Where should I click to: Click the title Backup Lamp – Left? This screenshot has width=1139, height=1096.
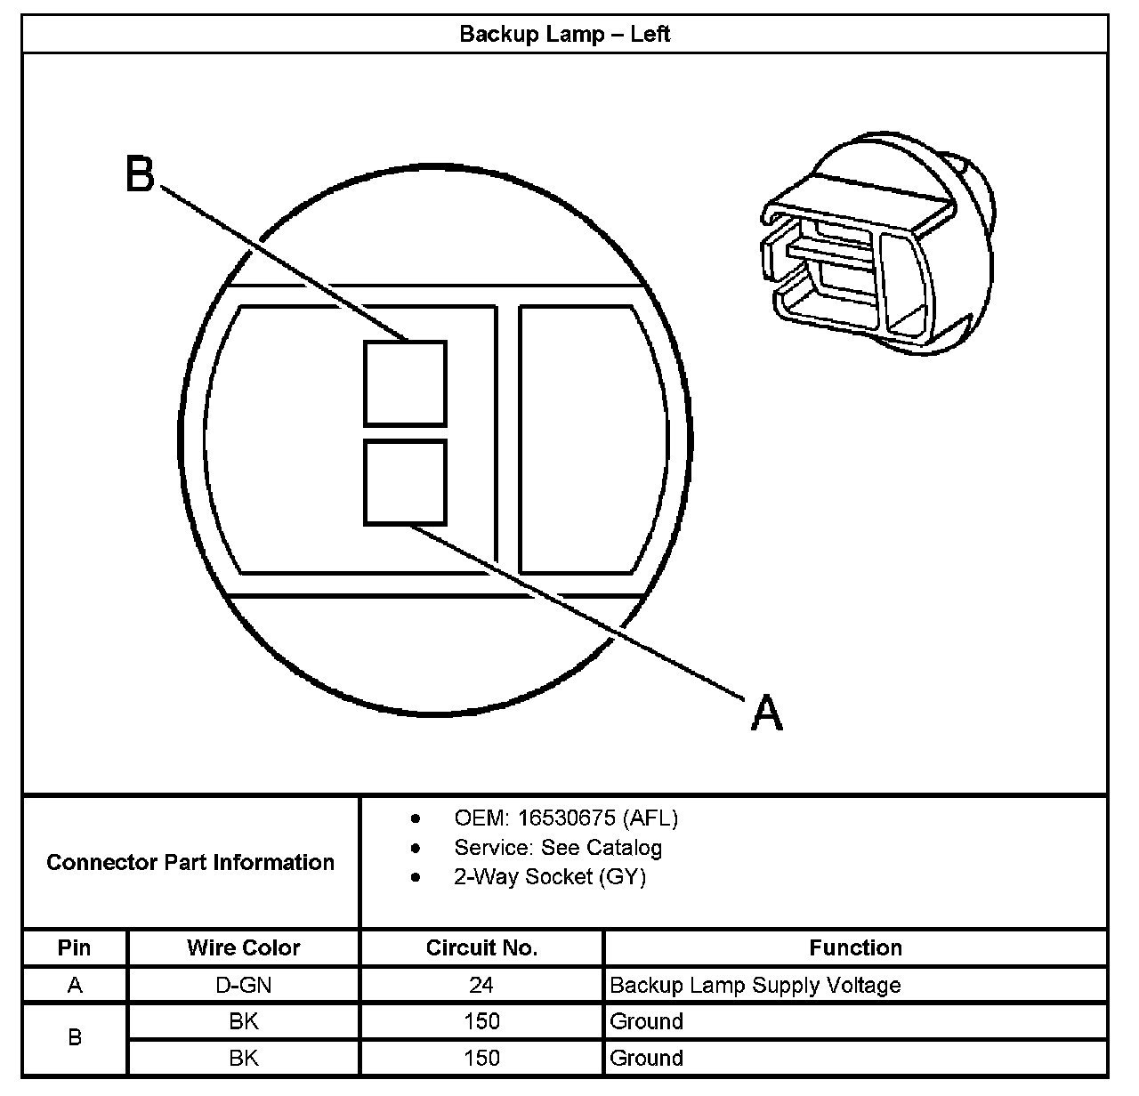[x=564, y=35]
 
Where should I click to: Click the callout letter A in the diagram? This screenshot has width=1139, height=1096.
[x=766, y=713]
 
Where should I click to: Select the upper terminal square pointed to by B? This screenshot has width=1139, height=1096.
[x=405, y=383]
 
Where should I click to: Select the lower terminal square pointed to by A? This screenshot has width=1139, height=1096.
[x=405, y=482]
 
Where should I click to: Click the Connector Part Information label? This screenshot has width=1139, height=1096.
[x=190, y=862]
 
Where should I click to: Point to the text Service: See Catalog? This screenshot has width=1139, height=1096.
[x=558, y=847]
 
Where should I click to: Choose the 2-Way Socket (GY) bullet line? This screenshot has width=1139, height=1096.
[x=549, y=877]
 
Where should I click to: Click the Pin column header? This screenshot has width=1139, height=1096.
[x=75, y=947]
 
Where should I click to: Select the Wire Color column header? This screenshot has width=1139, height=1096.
[x=243, y=947]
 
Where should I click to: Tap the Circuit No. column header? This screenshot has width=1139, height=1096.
[x=481, y=947]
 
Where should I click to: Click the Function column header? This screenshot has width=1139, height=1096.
[x=855, y=947]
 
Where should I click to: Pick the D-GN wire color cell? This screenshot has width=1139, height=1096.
[x=243, y=985]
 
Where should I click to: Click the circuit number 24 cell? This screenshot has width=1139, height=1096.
[x=481, y=985]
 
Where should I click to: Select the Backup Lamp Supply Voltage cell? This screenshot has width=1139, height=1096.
[x=755, y=985]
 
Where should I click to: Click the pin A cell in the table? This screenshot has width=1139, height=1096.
[x=75, y=985]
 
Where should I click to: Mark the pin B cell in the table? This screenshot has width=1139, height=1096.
[x=75, y=1038]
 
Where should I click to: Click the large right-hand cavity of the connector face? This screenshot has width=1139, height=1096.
[x=583, y=439]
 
